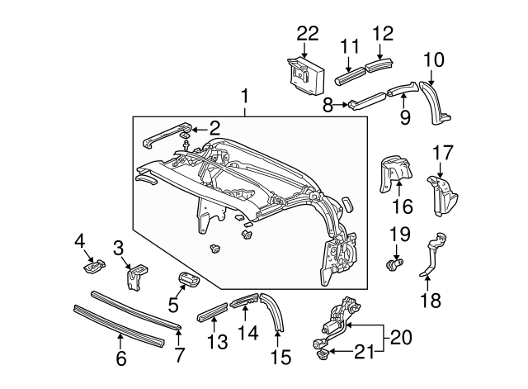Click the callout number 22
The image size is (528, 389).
307,32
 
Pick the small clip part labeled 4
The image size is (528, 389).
97,266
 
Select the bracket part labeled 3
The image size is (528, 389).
135,277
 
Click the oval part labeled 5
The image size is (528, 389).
189,279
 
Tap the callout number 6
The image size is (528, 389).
120,358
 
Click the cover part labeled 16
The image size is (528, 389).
394,175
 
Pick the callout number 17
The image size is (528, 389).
442,153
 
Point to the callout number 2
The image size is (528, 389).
214,127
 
